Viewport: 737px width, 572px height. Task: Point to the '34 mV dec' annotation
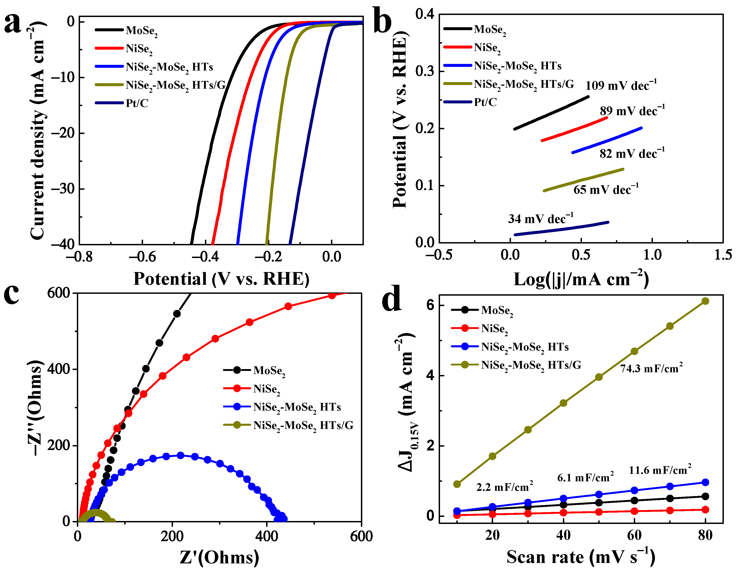tap(540, 219)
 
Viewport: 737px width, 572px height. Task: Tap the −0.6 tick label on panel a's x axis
tap(142, 257)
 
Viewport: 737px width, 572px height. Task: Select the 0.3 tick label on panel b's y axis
tap(425, 71)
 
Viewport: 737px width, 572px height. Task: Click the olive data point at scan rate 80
tap(705, 301)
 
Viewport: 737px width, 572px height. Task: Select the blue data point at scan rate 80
tap(705, 482)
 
